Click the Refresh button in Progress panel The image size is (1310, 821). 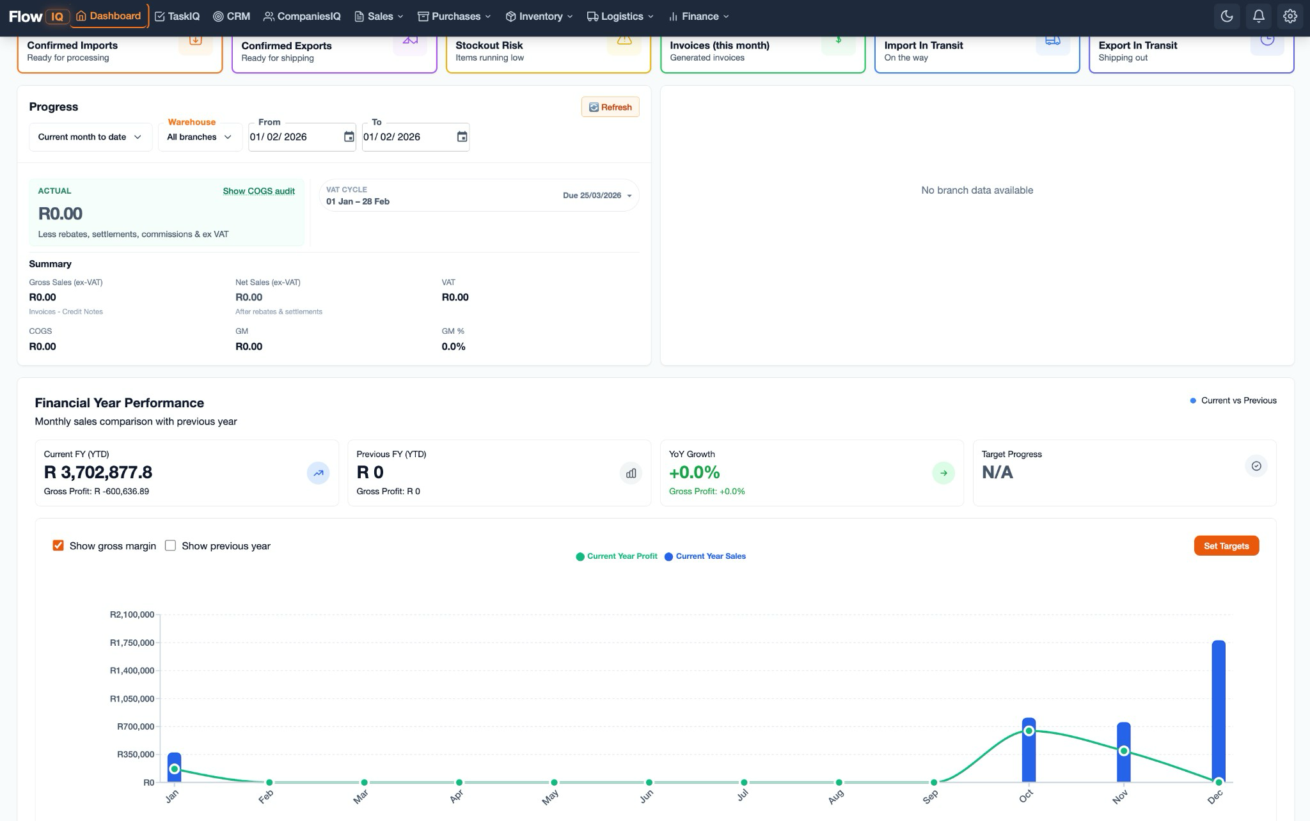coord(610,107)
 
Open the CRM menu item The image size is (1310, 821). coord(232,17)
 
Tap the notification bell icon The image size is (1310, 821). coord(1258,17)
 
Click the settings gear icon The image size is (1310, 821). coord(1290,17)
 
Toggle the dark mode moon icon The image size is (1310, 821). coord(1226,17)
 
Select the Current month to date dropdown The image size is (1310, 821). coord(90,137)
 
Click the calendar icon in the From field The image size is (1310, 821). coord(349,137)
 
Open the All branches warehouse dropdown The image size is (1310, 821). coord(199,137)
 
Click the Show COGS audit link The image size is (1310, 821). coord(258,191)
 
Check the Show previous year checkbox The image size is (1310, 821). coord(170,545)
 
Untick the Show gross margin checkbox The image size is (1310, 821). coord(58,545)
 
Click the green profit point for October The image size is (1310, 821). coord(1029,731)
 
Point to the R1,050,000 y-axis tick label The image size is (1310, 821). coord(132,699)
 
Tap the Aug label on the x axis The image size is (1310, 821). coord(836,797)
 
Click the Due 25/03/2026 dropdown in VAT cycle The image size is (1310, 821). coord(597,196)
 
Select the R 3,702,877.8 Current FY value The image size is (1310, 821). coord(98,473)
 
